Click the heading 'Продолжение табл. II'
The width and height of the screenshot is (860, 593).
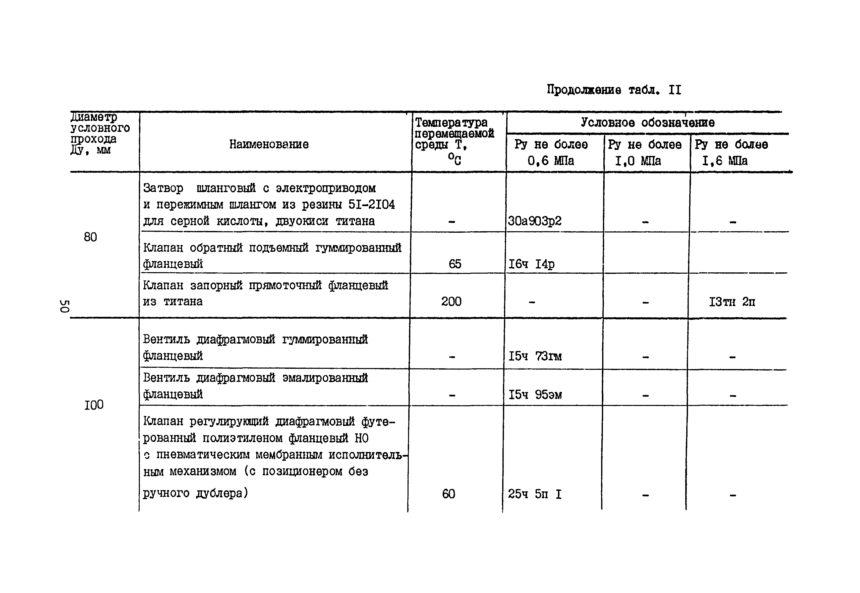coord(614,90)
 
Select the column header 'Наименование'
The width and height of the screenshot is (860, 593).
coord(269,144)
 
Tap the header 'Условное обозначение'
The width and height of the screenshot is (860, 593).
coord(647,123)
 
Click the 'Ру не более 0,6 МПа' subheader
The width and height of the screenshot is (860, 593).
coord(551,152)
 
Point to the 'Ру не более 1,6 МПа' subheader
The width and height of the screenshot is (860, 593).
coord(731,152)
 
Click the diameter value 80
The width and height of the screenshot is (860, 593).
coord(90,237)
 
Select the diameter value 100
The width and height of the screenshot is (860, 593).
coord(94,405)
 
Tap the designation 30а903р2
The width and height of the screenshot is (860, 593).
coord(534,221)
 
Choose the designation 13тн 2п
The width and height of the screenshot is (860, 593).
coord(732,302)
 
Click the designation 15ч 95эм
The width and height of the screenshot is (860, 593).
coord(535,395)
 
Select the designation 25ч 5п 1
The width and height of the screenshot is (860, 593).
coord(534,494)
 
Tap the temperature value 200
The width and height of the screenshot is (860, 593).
coord(451,301)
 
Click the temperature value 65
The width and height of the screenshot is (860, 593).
coord(454,264)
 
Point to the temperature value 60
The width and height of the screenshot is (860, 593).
coord(448,494)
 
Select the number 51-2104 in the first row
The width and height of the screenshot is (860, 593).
coord(371,205)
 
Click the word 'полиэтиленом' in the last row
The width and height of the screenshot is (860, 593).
coord(242,438)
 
